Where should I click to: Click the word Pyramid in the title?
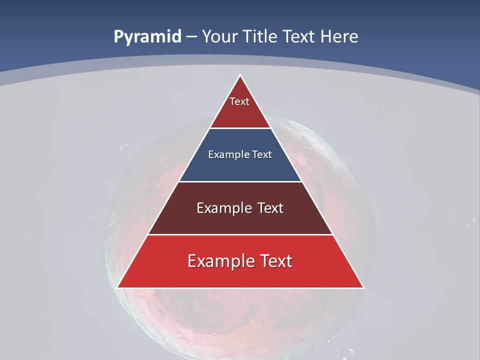(x=147, y=37)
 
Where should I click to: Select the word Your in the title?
(x=218, y=37)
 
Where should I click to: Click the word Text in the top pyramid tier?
(x=239, y=101)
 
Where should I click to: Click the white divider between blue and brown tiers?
(x=240, y=181)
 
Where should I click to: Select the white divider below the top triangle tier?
(x=240, y=128)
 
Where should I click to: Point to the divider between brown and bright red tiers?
(x=240, y=234)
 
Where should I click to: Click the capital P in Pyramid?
(x=118, y=37)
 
